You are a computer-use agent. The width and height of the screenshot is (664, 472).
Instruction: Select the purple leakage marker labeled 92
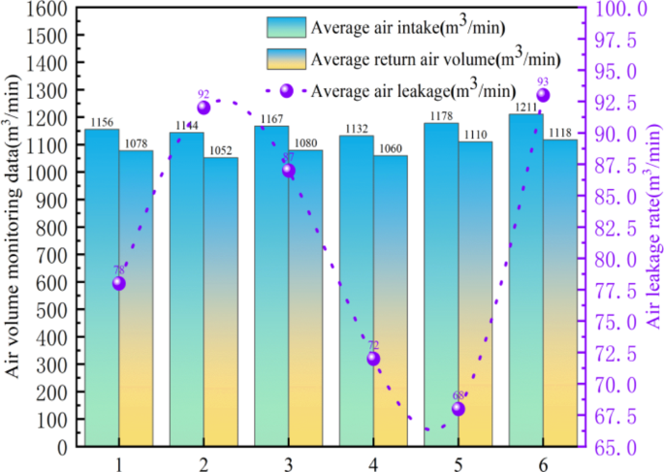[204, 108]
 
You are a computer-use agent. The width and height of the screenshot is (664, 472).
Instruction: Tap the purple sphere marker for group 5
[458, 409]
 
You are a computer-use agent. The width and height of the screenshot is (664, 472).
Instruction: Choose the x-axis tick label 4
[373, 464]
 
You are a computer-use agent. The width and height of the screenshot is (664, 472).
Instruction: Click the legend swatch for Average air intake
[286, 25]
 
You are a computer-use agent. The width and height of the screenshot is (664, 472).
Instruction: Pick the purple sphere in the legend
[286, 90]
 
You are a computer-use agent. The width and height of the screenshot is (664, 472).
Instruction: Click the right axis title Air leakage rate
[654, 228]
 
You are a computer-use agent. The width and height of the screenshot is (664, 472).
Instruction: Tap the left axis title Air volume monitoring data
[14, 228]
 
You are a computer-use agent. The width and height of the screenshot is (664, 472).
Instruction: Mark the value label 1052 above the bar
[220, 150]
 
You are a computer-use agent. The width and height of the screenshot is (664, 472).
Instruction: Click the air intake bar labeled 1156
[102, 291]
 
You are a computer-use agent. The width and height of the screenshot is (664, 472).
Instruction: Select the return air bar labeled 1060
[390, 300]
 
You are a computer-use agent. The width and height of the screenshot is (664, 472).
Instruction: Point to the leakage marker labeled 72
[373, 359]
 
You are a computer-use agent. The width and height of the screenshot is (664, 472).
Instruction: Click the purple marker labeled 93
[543, 95]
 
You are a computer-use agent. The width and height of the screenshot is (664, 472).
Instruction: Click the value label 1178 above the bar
[441, 116]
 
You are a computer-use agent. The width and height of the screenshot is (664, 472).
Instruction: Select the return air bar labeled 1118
[559, 291]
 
